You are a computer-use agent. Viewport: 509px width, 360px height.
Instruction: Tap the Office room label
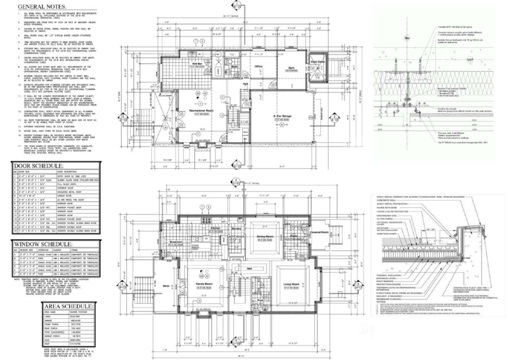(259, 66)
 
